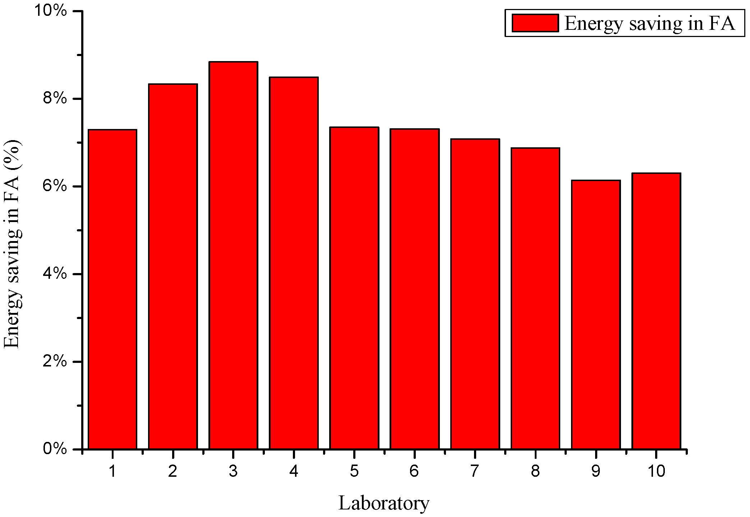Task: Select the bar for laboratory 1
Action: coord(112,289)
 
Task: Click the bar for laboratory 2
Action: coord(173,266)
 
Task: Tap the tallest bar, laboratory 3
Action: coord(233,255)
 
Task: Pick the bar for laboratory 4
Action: coord(294,263)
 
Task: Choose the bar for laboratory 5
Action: coord(354,288)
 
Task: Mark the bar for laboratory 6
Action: coord(415,289)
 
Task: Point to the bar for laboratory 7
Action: coord(475,294)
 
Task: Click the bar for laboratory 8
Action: coord(535,298)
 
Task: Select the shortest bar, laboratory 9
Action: coord(596,314)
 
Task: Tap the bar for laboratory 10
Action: coord(657,311)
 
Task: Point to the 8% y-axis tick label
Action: coord(55,99)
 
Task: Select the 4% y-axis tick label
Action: coord(55,274)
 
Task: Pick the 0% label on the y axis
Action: coord(55,449)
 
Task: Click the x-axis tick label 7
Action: coord(475,471)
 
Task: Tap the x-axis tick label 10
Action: coord(657,471)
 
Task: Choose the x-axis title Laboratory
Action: coord(384,503)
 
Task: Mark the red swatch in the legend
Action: coord(535,23)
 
